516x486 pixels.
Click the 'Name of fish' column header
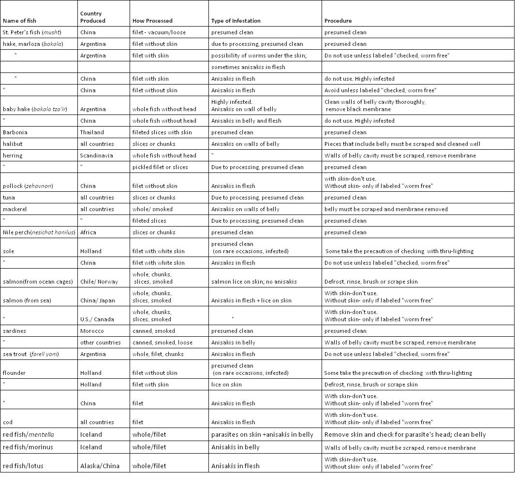coord(19,21)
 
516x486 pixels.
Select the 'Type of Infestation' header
coord(236,21)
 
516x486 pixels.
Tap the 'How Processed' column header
coord(152,21)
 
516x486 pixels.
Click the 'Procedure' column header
coord(338,21)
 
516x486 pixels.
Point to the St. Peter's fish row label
coord(32,32)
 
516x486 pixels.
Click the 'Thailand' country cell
coord(92,132)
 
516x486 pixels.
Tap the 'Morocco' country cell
coord(92,331)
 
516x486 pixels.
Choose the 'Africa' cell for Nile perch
coord(88,232)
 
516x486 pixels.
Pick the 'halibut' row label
coord(13,144)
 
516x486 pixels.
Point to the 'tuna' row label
coord(9,198)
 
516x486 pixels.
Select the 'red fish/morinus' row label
coord(28,447)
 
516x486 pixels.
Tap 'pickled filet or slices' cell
coord(160,167)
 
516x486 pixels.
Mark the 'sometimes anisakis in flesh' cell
coord(248,67)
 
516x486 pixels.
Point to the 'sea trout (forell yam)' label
coord(30,354)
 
